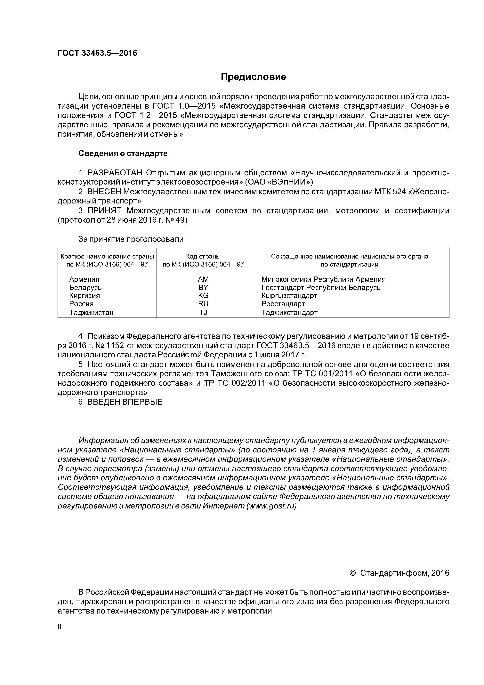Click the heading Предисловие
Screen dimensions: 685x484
point(253,77)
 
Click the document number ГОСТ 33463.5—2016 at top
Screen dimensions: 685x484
point(97,53)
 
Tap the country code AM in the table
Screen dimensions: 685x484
point(203,279)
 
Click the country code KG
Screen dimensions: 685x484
point(203,296)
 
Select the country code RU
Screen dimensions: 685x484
point(203,304)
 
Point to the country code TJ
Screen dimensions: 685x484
point(203,312)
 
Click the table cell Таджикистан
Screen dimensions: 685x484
point(91,312)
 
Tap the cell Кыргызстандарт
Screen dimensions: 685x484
point(289,296)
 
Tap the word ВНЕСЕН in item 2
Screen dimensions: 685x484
point(104,192)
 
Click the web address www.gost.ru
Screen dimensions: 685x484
point(271,506)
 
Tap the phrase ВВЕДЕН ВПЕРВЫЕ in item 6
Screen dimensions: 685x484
point(125,402)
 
